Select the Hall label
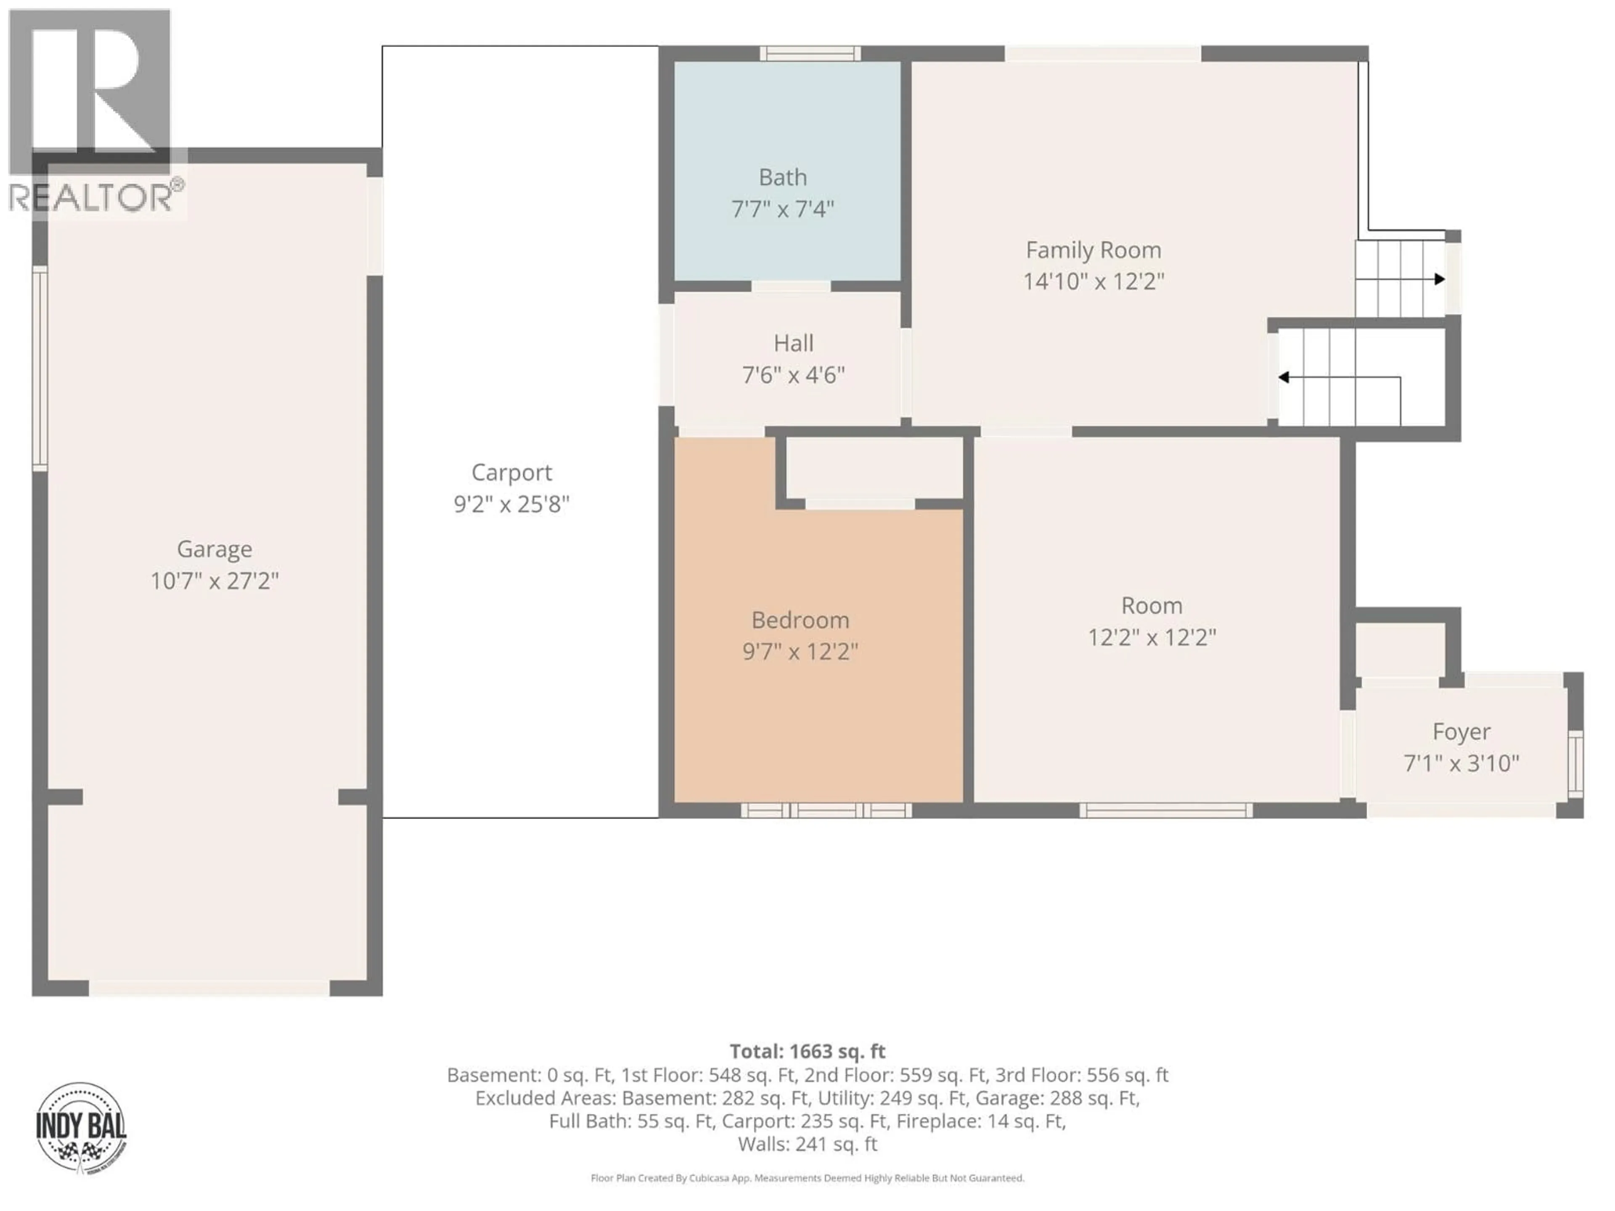click(x=794, y=343)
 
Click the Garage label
click(x=214, y=549)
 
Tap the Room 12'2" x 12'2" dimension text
click(x=1152, y=638)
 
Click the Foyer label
click(x=1461, y=731)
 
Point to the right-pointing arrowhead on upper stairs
click(x=1439, y=279)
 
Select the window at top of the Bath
click(x=810, y=53)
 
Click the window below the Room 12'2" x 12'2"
click(x=1165, y=810)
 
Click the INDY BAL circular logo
click(x=81, y=1127)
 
